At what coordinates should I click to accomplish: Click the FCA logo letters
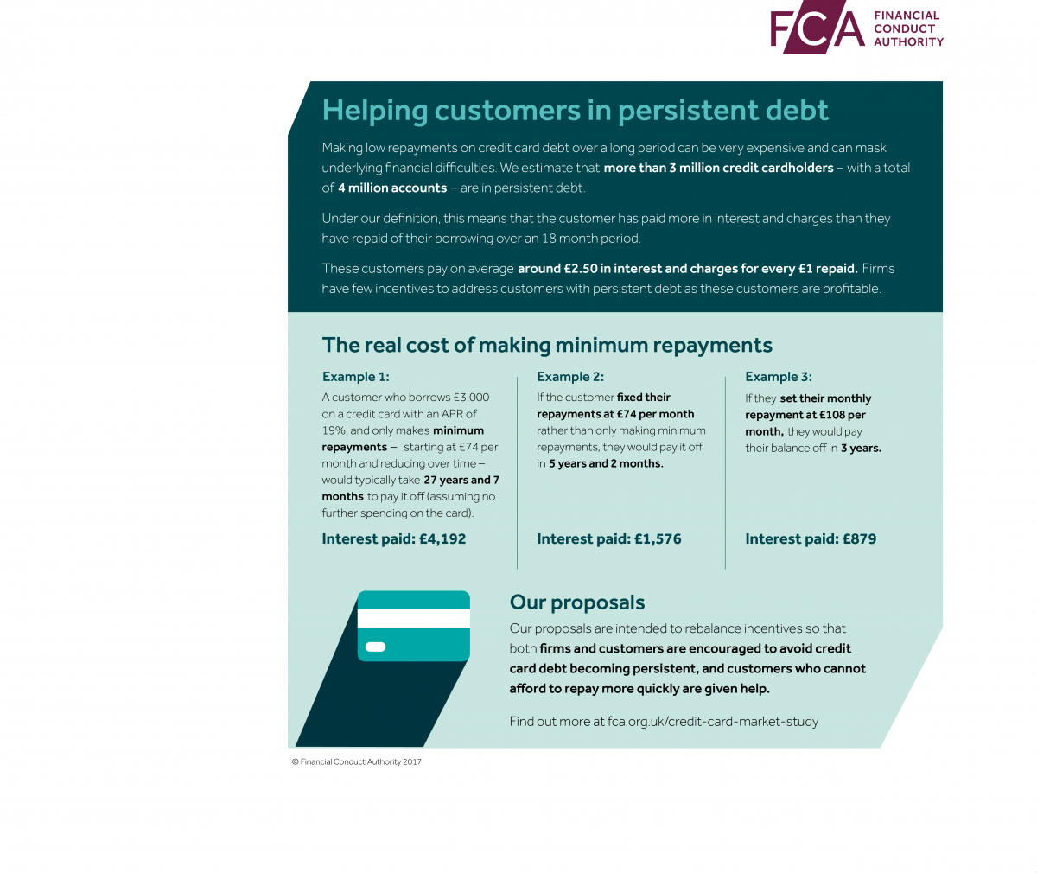click(x=817, y=29)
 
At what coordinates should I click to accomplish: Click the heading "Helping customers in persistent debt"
click(x=575, y=111)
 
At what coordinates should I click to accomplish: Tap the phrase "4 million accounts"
click(x=392, y=188)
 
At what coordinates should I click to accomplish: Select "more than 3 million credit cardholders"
click(x=718, y=168)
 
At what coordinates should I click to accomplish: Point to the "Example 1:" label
click(x=355, y=377)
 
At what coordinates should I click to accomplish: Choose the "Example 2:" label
click(x=570, y=377)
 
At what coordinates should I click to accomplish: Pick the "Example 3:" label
click(x=779, y=377)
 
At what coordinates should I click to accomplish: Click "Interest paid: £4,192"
click(x=393, y=538)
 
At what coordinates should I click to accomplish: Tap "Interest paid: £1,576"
click(x=608, y=538)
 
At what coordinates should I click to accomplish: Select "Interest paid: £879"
click(x=811, y=538)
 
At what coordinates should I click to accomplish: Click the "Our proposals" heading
click(x=577, y=602)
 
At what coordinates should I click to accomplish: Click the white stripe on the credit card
click(x=414, y=618)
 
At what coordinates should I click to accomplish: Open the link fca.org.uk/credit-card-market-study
click(x=712, y=721)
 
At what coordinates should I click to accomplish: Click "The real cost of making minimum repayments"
click(x=547, y=345)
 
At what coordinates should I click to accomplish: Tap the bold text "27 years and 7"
click(x=461, y=480)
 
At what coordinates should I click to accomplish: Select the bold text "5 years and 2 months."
click(x=606, y=463)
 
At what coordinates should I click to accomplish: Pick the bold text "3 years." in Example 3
click(x=861, y=448)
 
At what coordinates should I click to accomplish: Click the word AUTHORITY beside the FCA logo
click(x=908, y=41)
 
